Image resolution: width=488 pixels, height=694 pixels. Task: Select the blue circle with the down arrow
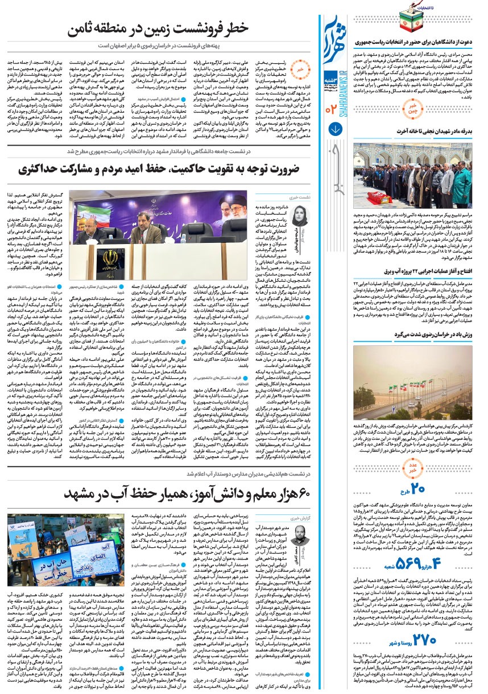tap(336, 128)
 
